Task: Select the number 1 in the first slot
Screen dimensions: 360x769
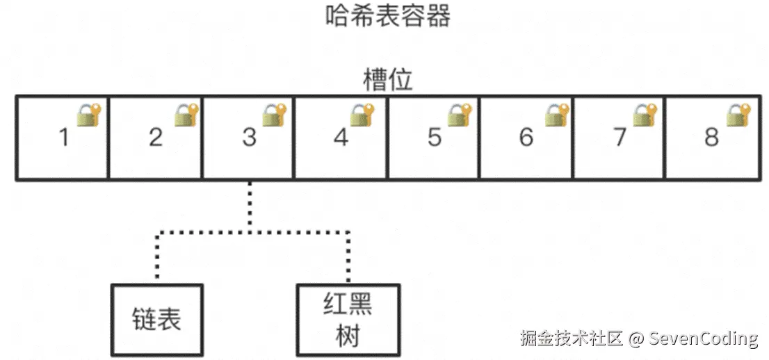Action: pyautogui.click(x=65, y=138)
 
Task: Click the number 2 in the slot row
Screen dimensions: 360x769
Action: pyautogui.click(x=156, y=138)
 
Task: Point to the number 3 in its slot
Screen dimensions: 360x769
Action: pyautogui.click(x=249, y=138)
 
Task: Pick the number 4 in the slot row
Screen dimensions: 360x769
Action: pyautogui.click(x=341, y=138)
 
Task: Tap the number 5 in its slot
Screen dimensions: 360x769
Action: pyautogui.click(x=435, y=138)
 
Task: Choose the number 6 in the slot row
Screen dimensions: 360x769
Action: pyautogui.click(x=526, y=138)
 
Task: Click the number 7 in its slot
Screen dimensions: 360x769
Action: pyautogui.click(x=620, y=138)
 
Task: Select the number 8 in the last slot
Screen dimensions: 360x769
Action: pyautogui.click(x=711, y=138)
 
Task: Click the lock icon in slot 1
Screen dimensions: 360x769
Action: pyautogui.click(x=89, y=115)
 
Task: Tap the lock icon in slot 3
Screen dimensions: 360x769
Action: pyautogui.click(x=275, y=115)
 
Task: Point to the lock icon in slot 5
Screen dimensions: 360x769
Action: pyautogui.click(x=460, y=115)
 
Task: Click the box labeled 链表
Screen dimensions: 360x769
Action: pyautogui.click(x=157, y=320)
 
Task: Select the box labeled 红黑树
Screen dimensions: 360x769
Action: pyautogui.click(x=348, y=320)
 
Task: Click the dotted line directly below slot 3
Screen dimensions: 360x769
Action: pyautogui.click(x=250, y=205)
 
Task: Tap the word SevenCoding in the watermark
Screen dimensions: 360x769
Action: pyautogui.click(x=704, y=339)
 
